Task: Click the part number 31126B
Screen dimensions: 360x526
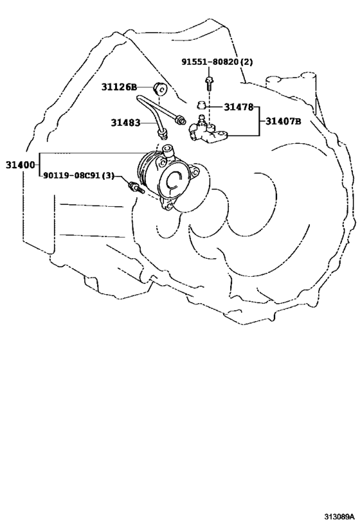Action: click(119, 87)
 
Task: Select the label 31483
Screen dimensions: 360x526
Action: click(125, 123)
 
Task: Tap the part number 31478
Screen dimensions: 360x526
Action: click(239, 107)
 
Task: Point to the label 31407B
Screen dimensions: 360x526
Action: click(283, 121)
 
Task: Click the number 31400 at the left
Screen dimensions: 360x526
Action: click(20, 164)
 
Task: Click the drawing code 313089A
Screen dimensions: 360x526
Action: click(339, 515)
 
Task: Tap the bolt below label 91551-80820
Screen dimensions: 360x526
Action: click(209, 83)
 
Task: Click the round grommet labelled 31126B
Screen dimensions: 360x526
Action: click(160, 89)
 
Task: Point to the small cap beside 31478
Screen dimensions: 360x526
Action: click(201, 105)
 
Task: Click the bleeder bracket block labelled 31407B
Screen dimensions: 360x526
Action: click(208, 132)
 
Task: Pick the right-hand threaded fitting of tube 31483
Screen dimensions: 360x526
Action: click(181, 119)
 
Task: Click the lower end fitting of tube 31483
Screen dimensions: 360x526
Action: click(163, 134)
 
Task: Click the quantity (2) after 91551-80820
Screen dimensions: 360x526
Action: click(246, 62)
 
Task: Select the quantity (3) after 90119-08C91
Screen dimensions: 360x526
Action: click(108, 175)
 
